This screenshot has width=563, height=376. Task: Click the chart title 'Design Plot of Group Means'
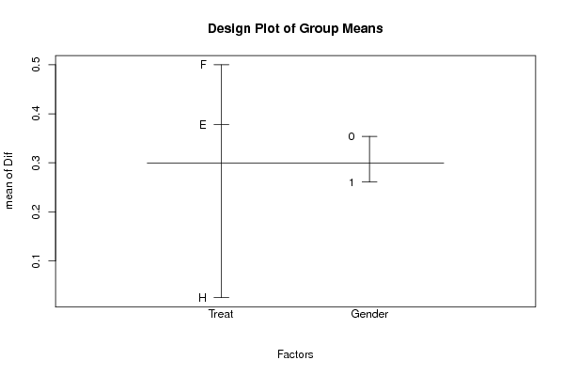tap(295, 28)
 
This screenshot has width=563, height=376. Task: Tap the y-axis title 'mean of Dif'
tap(8, 180)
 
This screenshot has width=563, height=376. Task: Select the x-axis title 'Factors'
tap(295, 354)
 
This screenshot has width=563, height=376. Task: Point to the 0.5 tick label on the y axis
tap(36, 65)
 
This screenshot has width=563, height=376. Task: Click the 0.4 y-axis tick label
tap(36, 114)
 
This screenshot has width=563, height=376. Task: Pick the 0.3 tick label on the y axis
tap(36, 163)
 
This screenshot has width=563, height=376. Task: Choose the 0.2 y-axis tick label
tap(36, 211)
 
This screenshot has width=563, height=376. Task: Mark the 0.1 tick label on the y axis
tap(36, 260)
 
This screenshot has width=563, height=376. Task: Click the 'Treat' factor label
tap(221, 314)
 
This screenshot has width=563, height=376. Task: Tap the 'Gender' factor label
tap(369, 314)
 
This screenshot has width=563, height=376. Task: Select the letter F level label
tap(203, 65)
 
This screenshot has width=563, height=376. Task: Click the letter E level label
tap(203, 125)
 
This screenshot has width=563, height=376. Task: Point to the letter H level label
tap(202, 298)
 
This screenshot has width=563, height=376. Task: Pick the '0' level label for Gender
tap(352, 136)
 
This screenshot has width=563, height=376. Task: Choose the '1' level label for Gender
tap(352, 182)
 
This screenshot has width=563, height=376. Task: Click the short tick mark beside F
tap(221, 65)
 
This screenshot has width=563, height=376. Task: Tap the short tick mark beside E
tap(221, 125)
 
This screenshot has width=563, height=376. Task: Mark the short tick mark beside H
tap(221, 297)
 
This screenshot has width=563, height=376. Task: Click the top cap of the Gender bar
tap(369, 136)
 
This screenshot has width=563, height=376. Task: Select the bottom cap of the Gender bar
tap(369, 181)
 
